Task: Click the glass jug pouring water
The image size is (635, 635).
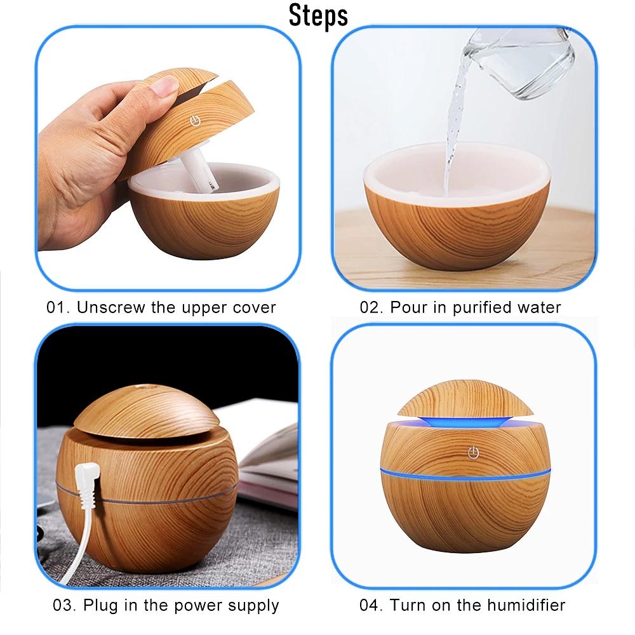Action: pyautogui.click(x=521, y=60)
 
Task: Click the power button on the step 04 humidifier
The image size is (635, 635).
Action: pyautogui.click(x=472, y=451)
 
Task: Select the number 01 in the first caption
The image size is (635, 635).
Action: pyautogui.click(x=57, y=308)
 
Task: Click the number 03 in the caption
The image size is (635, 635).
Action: pyautogui.click(x=63, y=605)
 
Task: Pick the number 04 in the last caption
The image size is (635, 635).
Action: pyautogui.click(x=370, y=605)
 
